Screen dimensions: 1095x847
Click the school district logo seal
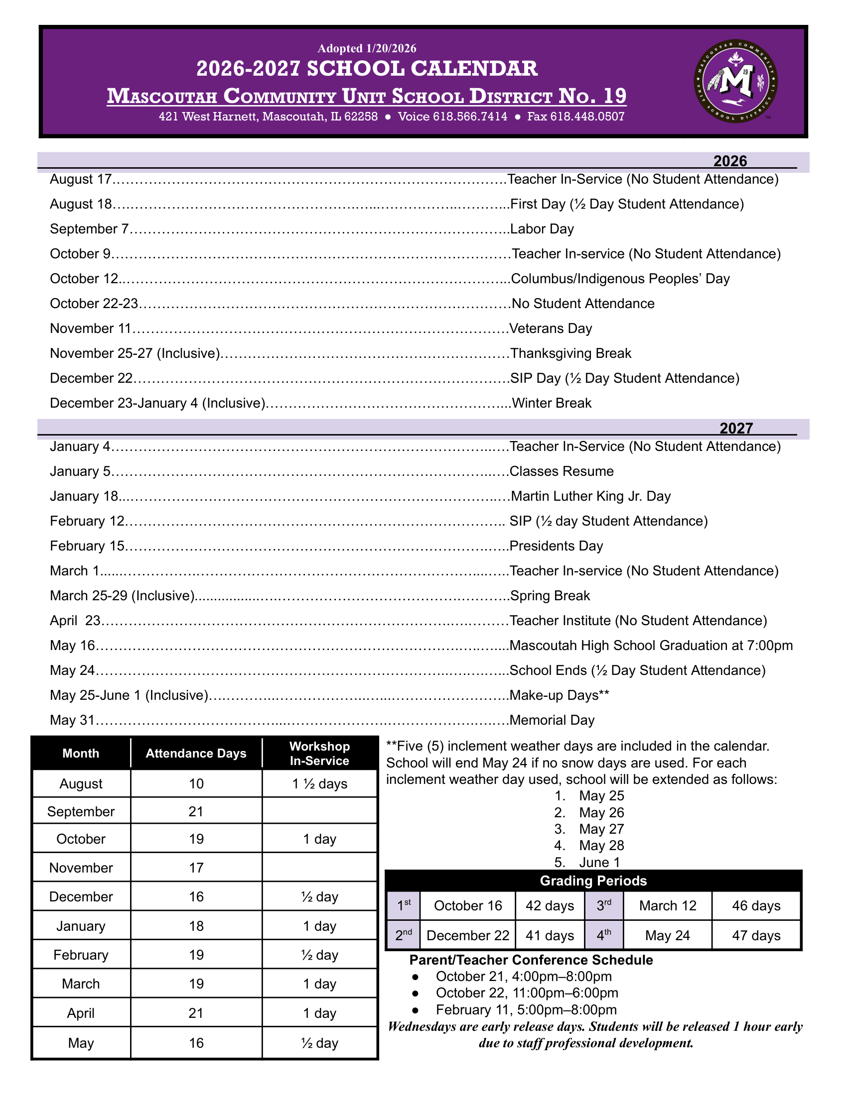[x=735, y=81]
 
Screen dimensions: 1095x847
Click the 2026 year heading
[x=730, y=161]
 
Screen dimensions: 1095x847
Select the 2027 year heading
[x=736, y=428]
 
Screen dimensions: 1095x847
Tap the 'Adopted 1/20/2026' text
[x=367, y=48]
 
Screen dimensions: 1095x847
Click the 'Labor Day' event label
[x=542, y=229]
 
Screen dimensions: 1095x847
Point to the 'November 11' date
[x=90, y=328]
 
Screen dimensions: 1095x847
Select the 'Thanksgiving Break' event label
[x=570, y=353]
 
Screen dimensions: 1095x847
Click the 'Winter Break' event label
[x=552, y=403]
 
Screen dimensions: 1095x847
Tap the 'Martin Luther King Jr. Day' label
[x=590, y=496]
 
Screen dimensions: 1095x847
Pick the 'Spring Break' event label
[x=550, y=596]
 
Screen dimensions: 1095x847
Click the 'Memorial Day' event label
[x=552, y=721]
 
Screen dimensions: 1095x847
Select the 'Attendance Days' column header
[x=196, y=754]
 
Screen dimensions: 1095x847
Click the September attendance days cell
[x=196, y=811]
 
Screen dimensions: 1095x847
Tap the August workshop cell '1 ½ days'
[x=320, y=783]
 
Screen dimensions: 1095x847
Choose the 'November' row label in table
[x=81, y=868]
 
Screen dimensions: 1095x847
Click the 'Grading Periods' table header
[x=593, y=881]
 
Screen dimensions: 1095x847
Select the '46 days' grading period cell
[x=756, y=905]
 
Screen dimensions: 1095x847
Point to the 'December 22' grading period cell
[x=468, y=936]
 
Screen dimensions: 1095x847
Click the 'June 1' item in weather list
[x=599, y=863]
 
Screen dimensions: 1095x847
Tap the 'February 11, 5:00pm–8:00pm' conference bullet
[x=526, y=1010]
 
